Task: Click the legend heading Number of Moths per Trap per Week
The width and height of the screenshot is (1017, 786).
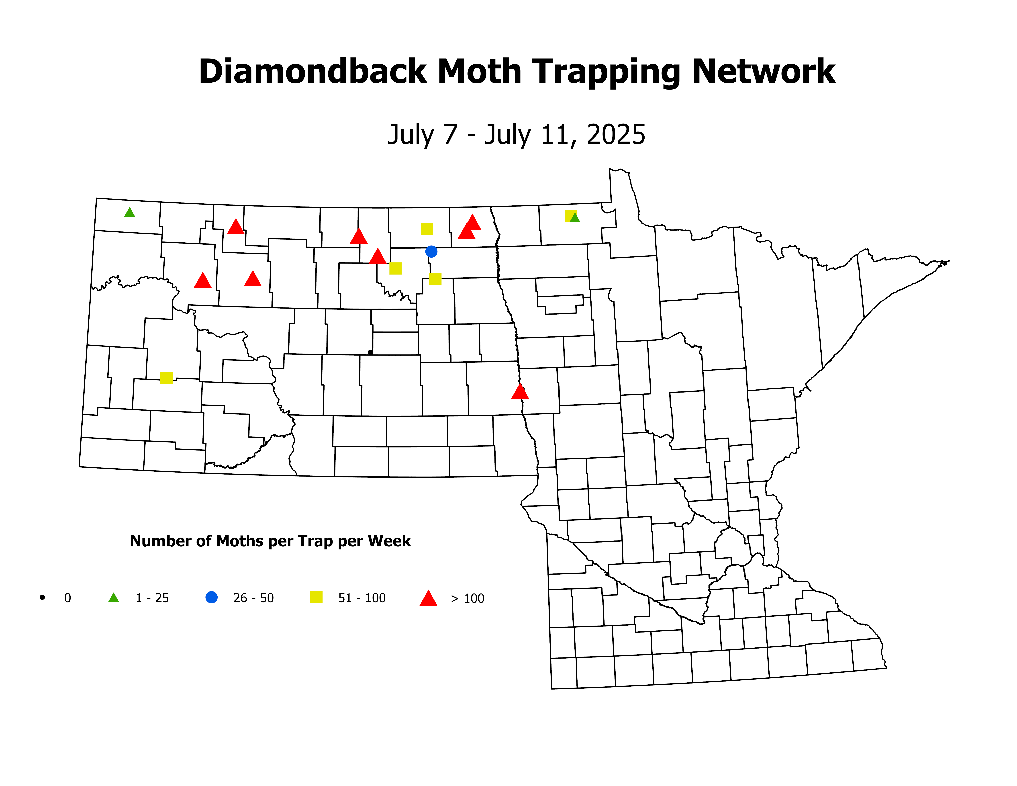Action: (270, 541)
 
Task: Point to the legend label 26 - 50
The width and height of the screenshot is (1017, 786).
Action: (253, 598)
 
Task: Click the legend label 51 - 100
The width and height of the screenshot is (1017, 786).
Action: (362, 598)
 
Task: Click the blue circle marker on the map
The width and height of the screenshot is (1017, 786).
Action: (431, 252)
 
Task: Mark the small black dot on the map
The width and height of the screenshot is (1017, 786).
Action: (370, 352)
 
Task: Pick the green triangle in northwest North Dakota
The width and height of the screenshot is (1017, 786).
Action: (129, 212)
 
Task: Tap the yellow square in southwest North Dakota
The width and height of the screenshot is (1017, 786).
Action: (166, 378)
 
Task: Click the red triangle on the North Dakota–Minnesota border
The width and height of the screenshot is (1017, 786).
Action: (520, 392)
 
